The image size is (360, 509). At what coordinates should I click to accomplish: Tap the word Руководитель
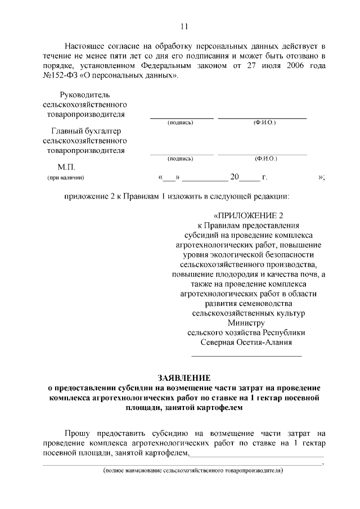[x=84, y=94]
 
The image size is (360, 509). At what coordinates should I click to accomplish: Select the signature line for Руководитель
[x=181, y=118]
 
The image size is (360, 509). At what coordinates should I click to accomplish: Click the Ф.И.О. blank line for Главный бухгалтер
[x=262, y=154]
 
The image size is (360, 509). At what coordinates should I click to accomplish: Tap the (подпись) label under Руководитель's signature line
[x=181, y=123]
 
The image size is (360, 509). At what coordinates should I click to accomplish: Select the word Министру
[x=246, y=323]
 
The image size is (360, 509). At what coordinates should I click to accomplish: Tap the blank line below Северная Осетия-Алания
[x=246, y=355]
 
